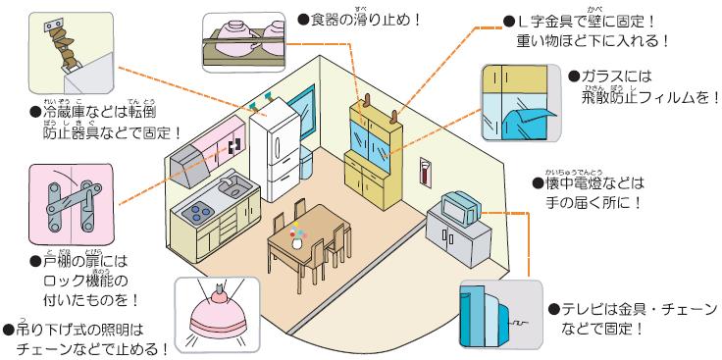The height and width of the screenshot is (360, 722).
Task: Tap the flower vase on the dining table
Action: [x=297, y=237]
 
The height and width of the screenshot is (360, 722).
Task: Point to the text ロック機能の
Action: [x=77, y=281]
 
